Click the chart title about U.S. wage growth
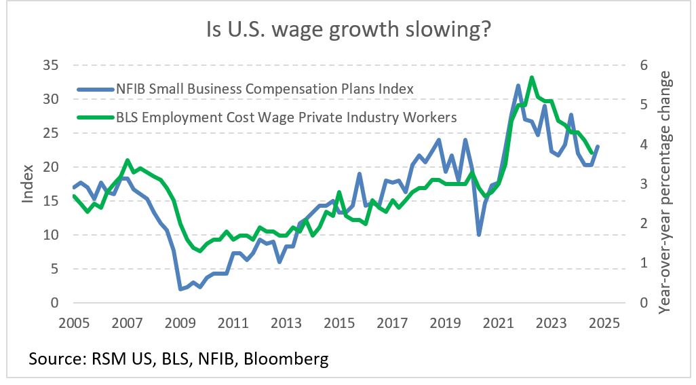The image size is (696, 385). point(348,31)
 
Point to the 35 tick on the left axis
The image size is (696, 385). point(51,65)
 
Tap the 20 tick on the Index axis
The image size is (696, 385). point(51,167)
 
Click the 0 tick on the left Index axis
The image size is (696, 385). point(54,303)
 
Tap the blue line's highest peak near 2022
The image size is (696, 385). point(518,86)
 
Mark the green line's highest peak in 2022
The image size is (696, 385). point(532,77)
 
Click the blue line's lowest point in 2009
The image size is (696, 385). point(180,289)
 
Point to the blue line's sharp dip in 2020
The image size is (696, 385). point(479,235)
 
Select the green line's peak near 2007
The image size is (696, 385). point(128,160)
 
